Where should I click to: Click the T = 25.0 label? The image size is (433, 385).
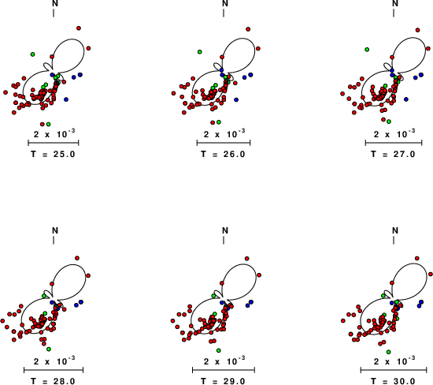[53, 154]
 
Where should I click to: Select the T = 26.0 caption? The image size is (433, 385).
[223, 154]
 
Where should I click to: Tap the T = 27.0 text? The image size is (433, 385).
[393, 154]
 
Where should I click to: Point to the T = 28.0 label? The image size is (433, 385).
[53, 381]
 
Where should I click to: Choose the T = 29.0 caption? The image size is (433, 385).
[223, 381]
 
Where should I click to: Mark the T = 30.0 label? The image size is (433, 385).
[393, 381]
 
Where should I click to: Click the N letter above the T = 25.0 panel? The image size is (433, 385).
[55, 3]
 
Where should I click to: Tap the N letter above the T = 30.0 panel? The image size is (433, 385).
[395, 230]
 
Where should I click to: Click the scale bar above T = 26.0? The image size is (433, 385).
[224, 143]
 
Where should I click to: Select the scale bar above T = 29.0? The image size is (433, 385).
[224, 370]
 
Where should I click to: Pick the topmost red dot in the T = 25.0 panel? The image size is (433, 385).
[79, 28]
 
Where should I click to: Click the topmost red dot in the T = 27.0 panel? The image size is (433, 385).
[417, 30]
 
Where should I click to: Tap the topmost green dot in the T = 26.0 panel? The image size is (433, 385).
[200, 52]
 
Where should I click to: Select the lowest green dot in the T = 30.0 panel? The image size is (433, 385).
[389, 352]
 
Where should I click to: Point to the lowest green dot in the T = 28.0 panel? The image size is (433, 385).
[49, 349]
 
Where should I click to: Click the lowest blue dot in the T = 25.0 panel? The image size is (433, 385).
[66, 99]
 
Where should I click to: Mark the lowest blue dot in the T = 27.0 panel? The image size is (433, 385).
[406, 99]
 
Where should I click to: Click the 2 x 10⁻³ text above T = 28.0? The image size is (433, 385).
[54, 361]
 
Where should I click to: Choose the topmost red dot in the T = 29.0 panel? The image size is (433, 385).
[247, 259]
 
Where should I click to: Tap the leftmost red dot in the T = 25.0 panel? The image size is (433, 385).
[6, 92]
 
